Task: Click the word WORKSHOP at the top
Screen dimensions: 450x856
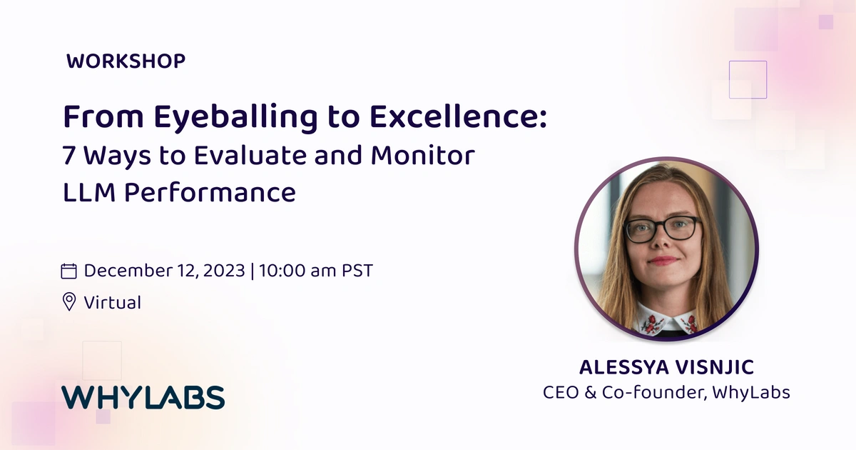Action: (126, 61)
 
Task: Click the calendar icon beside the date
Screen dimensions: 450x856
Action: (69, 271)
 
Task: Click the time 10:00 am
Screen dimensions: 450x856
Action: (299, 271)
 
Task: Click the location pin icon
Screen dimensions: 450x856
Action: (69, 302)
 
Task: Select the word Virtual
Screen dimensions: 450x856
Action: (113, 302)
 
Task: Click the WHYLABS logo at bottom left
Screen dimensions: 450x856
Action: (143, 397)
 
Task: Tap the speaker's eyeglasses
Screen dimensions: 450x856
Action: (662, 229)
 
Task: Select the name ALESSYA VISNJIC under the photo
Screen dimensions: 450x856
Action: (666, 368)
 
